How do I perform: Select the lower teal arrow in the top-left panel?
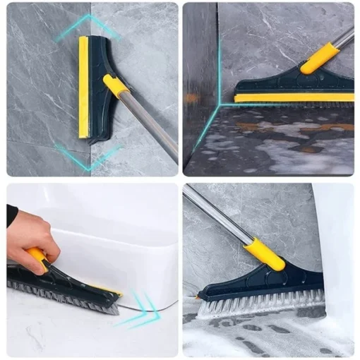[x=88, y=156]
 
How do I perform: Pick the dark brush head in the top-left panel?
[x=99, y=106]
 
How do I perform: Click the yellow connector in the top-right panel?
[x=318, y=58]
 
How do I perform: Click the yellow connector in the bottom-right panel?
[x=265, y=253]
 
